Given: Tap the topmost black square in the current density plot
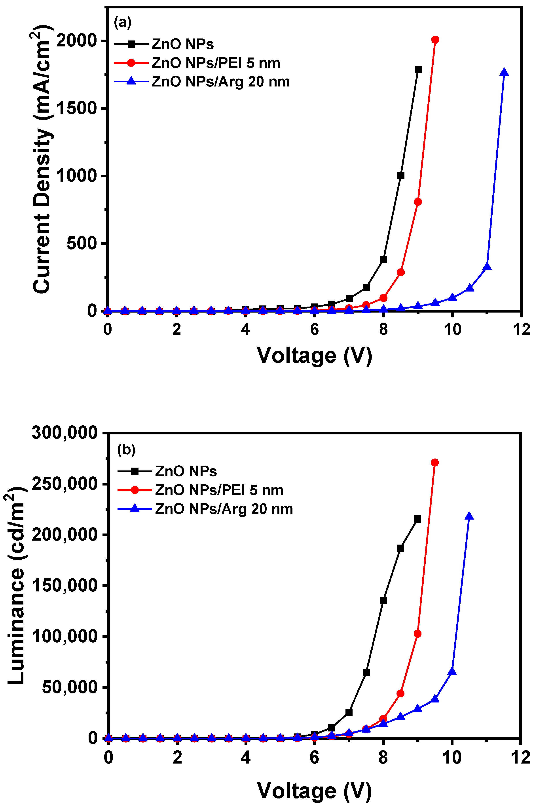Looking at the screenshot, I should [418, 70].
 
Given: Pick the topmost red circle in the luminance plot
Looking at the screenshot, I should [435, 463].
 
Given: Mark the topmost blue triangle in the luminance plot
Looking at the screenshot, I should [469, 516].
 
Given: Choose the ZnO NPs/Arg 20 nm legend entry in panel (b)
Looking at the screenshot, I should [224, 509].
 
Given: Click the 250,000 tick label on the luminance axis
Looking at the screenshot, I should [65, 484].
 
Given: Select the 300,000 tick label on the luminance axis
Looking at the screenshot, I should [65, 433].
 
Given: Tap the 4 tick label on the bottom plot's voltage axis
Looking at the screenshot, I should [245, 758].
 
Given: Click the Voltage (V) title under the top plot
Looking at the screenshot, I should [314, 356].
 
